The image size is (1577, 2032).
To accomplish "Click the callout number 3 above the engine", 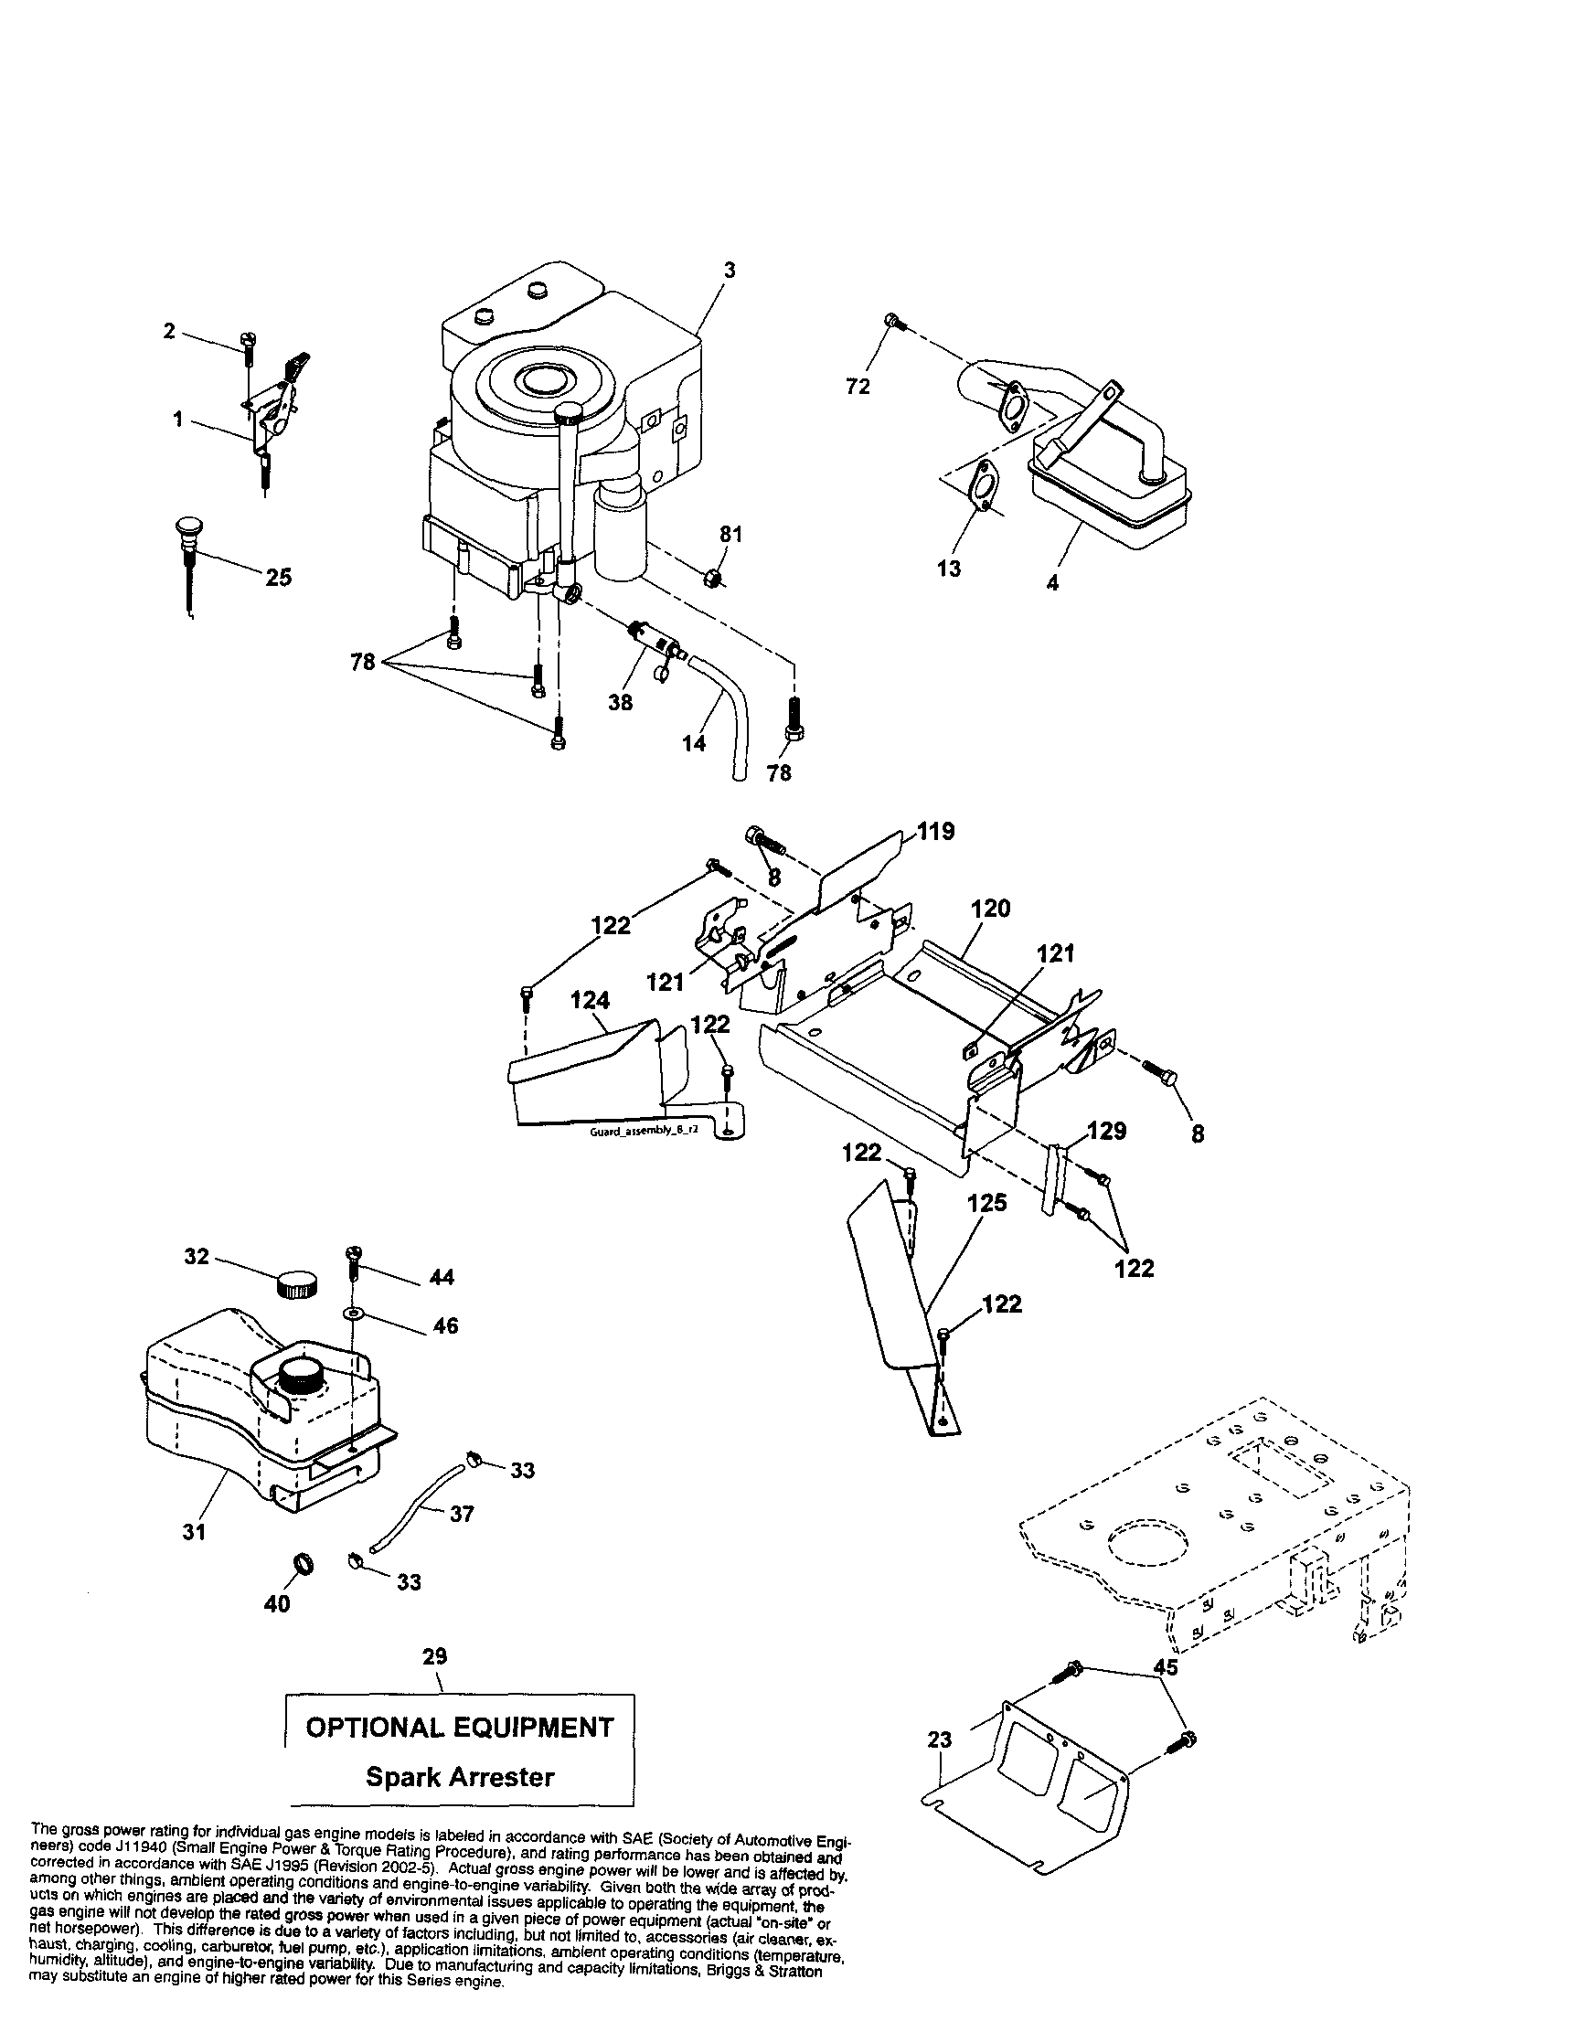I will [x=730, y=270].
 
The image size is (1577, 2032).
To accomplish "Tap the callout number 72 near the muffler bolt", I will [x=858, y=386].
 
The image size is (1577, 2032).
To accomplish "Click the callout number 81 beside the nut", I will [x=730, y=534].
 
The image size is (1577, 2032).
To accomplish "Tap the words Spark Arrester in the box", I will [x=460, y=1776].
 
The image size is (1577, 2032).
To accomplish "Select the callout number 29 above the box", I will [x=434, y=1656].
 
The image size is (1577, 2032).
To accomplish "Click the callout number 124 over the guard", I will [x=590, y=1000].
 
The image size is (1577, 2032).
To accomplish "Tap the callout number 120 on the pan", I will [x=990, y=908].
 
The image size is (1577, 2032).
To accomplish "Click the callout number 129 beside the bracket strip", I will [x=1107, y=1131].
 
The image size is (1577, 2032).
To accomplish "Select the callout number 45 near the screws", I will [x=1165, y=1667].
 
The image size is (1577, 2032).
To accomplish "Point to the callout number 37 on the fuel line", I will [x=462, y=1514].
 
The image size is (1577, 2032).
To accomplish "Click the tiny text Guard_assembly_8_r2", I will [x=644, y=1133].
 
